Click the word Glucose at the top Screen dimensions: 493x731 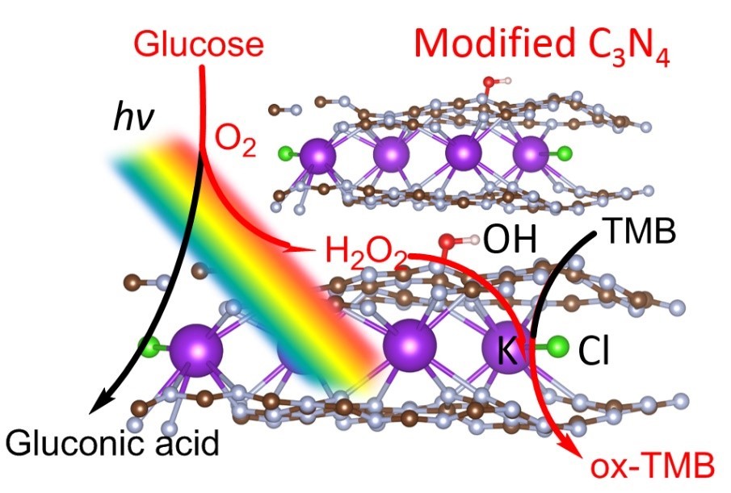pos(199,44)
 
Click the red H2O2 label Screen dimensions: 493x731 pos(365,252)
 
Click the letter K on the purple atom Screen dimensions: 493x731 pos(506,353)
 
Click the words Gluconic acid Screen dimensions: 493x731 pos(113,442)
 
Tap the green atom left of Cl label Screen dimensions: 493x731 pos(558,348)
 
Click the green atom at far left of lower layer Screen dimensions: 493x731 pos(149,348)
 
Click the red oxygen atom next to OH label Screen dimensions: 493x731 pos(447,241)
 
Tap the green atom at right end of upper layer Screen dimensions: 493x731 pos(565,152)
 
